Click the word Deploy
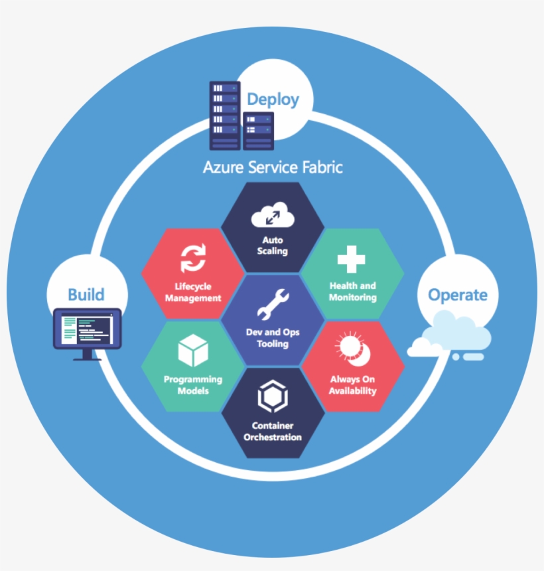pyautogui.click(x=273, y=100)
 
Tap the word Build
pyautogui.click(x=86, y=294)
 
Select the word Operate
pyautogui.click(x=458, y=295)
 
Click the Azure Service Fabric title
pyautogui.click(x=273, y=167)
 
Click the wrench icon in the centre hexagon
pyautogui.click(x=273, y=304)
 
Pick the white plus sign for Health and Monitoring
pyautogui.click(x=352, y=259)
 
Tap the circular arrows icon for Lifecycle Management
pyautogui.click(x=193, y=259)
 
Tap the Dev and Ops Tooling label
pyautogui.click(x=273, y=338)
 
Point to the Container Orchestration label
pyautogui.click(x=273, y=431)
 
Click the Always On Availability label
pyautogui.click(x=352, y=385)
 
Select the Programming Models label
pyautogui.click(x=193, y=385)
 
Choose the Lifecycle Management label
pyautogui.click(x=193, y=292)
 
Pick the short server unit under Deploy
pyautogui.click(x=258, y=131)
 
